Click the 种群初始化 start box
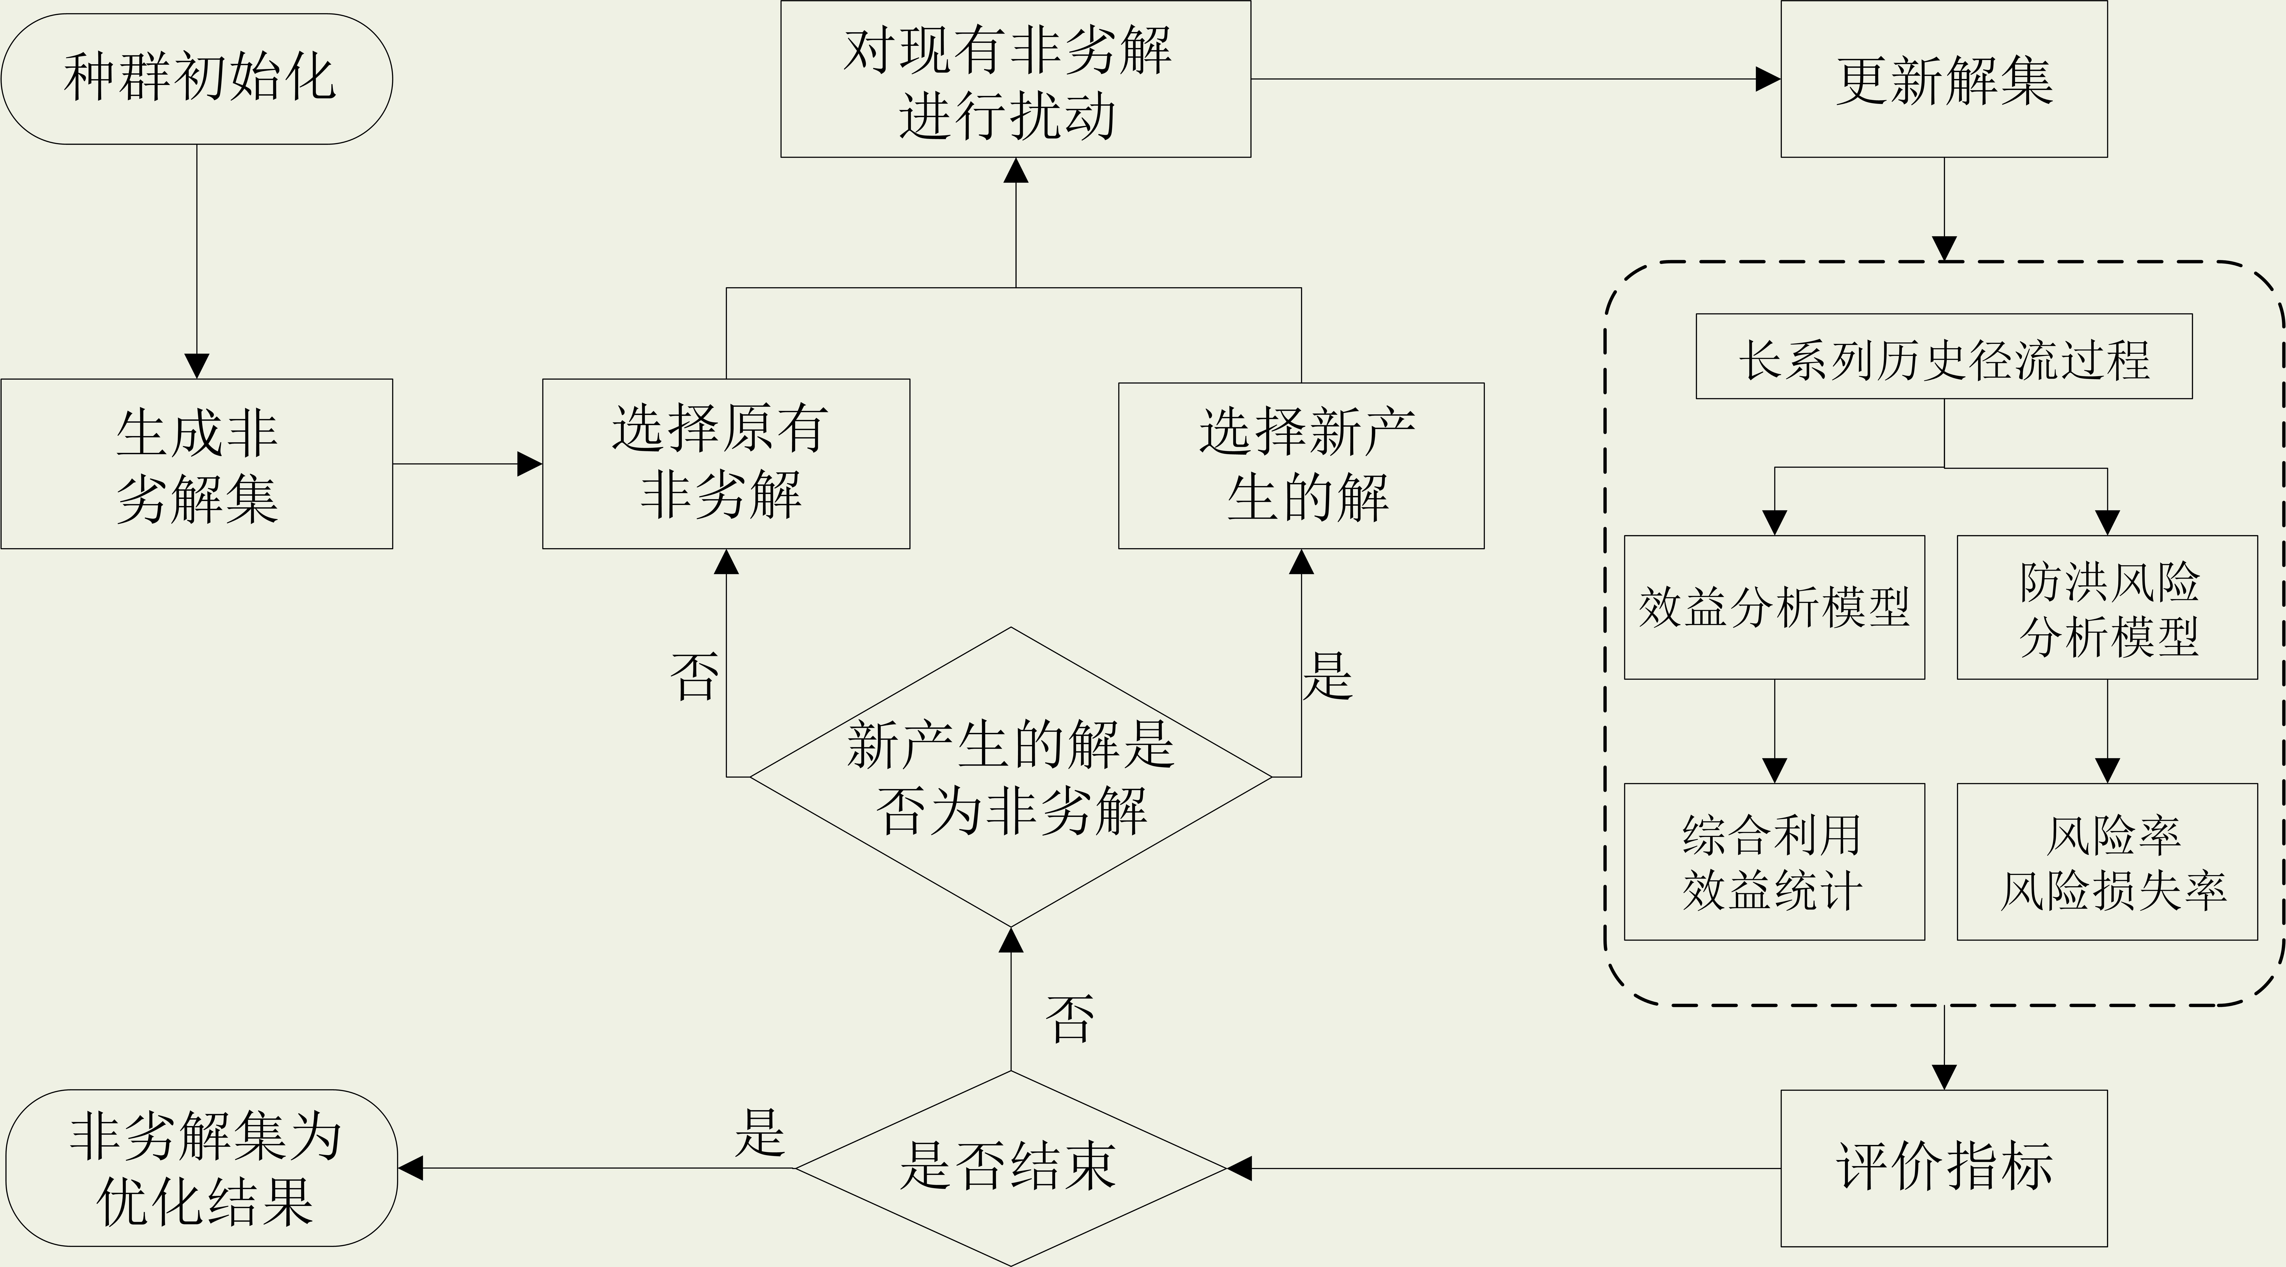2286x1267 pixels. pyautogui.click(x=197, y=79)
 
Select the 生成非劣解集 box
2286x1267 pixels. pyautogui.click(x=197, y=464)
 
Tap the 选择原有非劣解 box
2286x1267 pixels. pyautogui.click(x=726, y=464)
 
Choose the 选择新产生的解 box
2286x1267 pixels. pyautogui.click(x=1301, y=466)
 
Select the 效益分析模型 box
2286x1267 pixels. pyautogui.click(x=1774, y=608)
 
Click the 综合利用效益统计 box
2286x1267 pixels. pyautogui.click(x=1774, y=862)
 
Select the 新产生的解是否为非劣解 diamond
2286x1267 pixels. pyautogui.click(x=1011, y=777)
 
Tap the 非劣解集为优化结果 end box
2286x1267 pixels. pyautogui.click(x=202, y=1168)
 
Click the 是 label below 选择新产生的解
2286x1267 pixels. pyautogui.click(x=1328, y=676)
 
